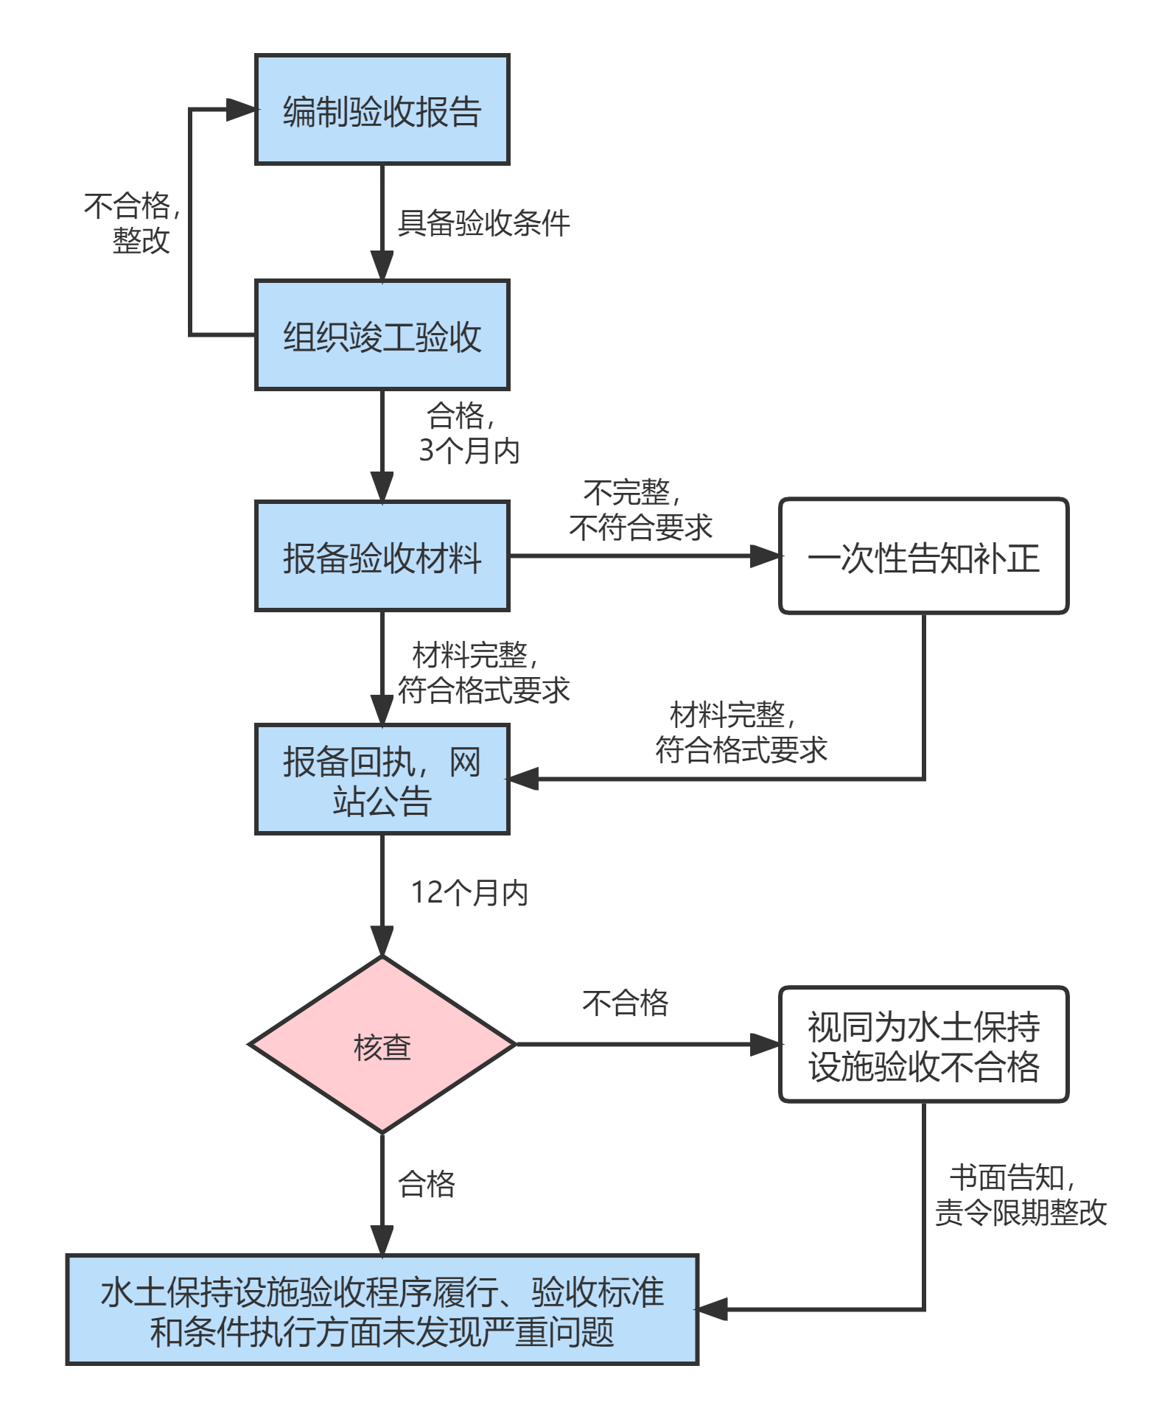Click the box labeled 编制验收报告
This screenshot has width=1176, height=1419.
(382, 110)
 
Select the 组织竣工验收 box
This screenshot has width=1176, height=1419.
(382, 335)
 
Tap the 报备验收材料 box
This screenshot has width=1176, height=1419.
(382, 556)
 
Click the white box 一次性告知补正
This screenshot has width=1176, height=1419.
(923, 556)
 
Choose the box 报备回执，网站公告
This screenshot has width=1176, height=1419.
(382, 779)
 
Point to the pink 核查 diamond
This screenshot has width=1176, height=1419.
(382, 1045)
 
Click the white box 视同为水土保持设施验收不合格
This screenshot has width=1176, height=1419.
(923, 1045)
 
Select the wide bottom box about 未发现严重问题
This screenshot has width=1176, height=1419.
(382, 1310)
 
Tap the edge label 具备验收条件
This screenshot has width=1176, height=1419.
(483, 223)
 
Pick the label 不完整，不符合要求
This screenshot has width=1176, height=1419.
(640, 510)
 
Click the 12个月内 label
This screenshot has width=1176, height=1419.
(470, 893)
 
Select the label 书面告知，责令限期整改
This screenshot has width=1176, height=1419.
(1020, 1195)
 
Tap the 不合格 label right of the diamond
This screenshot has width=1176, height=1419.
(625, 1003)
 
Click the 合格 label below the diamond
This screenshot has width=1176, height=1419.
(426, 1185)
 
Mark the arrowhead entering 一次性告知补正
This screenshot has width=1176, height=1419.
(765, 556)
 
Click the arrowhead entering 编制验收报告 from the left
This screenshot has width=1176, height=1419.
(241, 110)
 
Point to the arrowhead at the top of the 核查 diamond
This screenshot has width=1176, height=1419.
(382, 942)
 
